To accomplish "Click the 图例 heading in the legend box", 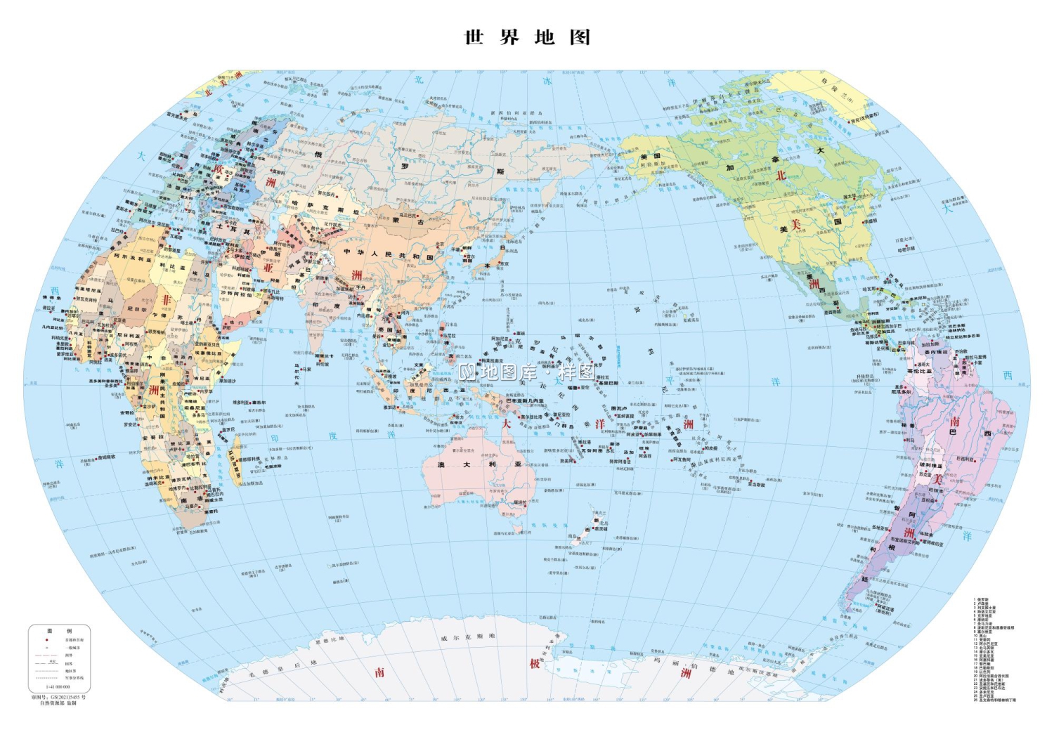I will click(x=59, y=631).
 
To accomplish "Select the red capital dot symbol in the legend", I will click(x=46, y=640).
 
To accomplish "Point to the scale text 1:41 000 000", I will click(x=58, y=686).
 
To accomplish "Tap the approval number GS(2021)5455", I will click(x=59, y=697).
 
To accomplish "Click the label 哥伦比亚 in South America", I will click(x=919, y=371).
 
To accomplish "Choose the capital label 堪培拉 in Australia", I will click(x=520, y=503).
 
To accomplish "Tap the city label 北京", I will click(x=440, y=245).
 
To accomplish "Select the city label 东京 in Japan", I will click(x=504, y=264).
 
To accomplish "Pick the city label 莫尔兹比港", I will click(x=531, y=417).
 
